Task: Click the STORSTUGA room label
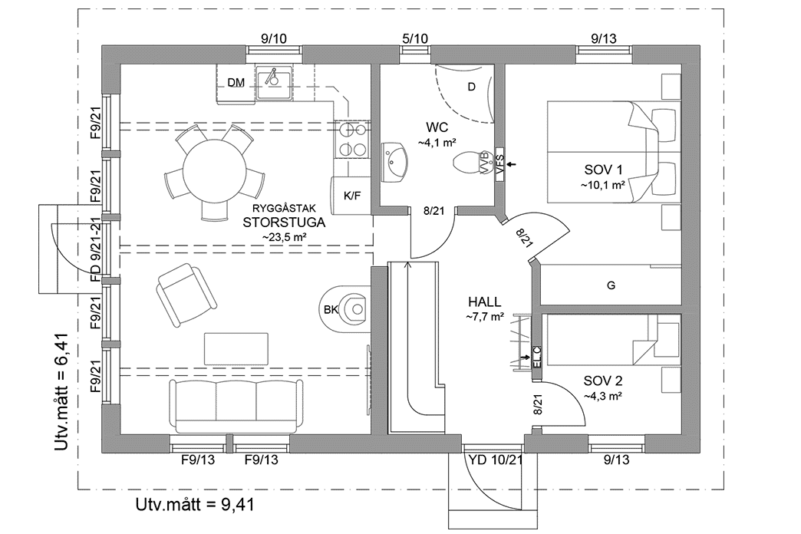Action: coord(284,223)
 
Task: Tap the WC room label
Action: coord(437,127)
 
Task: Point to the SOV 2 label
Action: coord(602,381)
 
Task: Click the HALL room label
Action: coord(485,302)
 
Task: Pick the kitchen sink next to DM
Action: coord(274,81)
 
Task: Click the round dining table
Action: coord(210,173)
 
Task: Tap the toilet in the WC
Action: coord(470,163)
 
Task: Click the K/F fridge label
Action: coord(352,196)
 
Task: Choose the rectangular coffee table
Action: coord(237,348)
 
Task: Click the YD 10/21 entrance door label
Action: coord(494,460)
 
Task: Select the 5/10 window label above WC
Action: coord(415,38)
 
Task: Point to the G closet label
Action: coord(611,286)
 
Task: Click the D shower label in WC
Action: coord(471,87)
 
